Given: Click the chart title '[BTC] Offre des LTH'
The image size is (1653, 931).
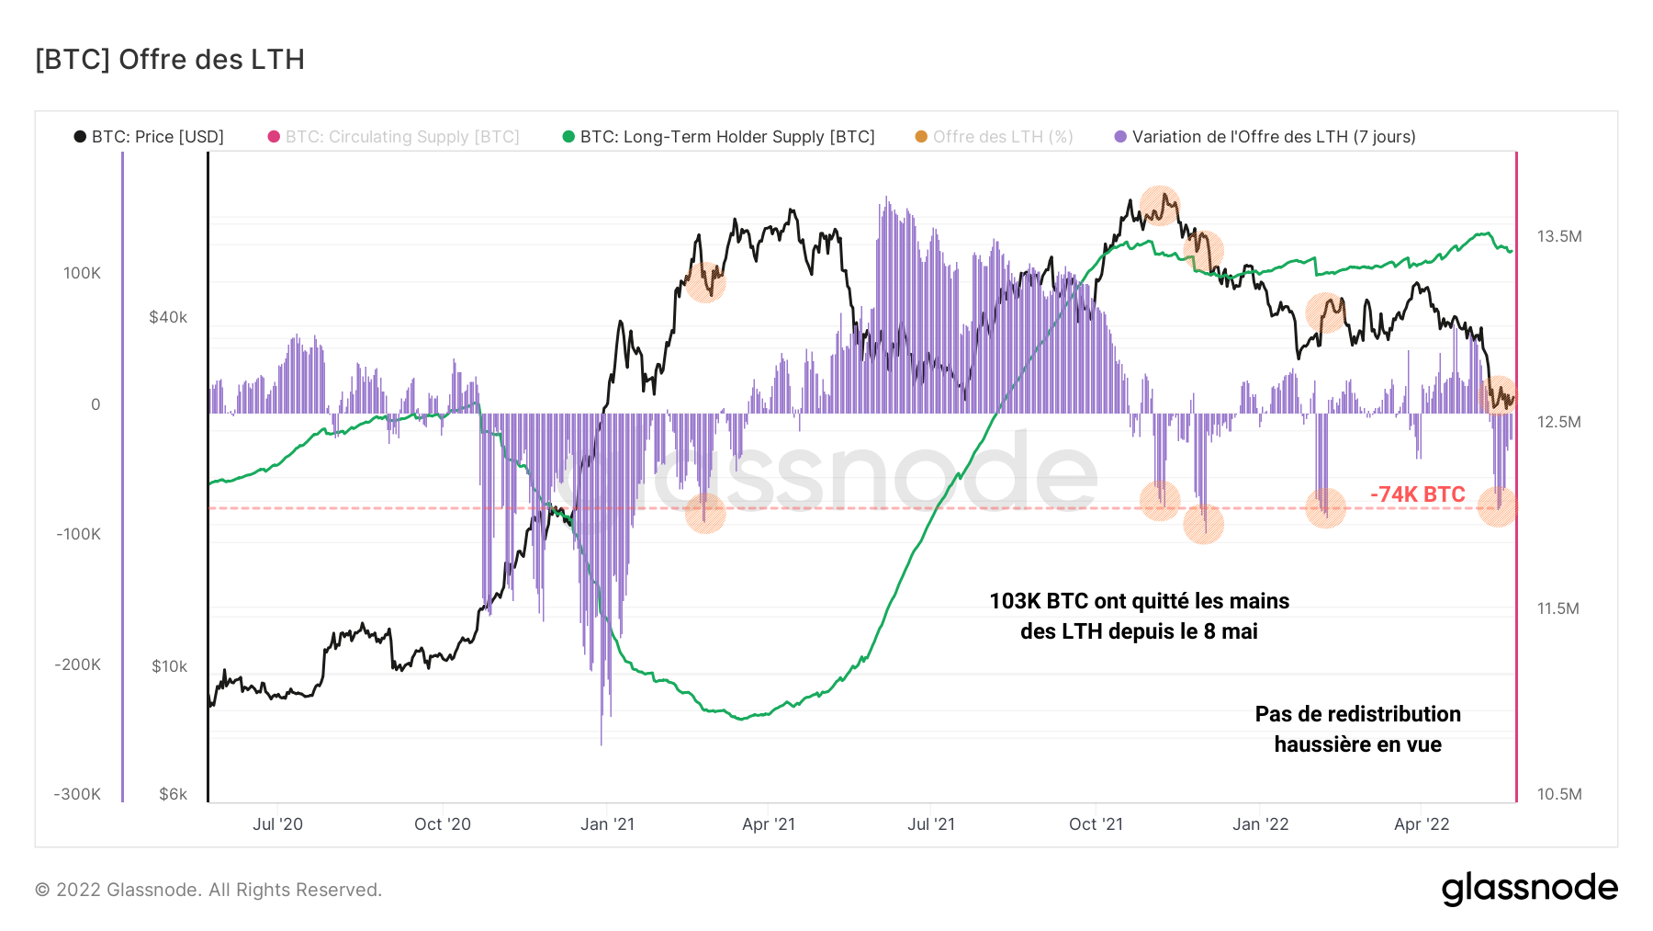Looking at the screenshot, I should click(x=170, y=60).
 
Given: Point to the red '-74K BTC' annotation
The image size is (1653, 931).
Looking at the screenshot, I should click(x=1417, y=494).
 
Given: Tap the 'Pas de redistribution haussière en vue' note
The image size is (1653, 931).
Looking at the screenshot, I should click(x=1357, y=729).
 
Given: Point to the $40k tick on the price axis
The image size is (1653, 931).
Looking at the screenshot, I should click(x=168, y=317).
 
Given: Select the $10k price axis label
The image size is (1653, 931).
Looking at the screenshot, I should click(x=169, y=666).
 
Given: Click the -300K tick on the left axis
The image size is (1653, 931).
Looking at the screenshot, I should click(x=77, y=794).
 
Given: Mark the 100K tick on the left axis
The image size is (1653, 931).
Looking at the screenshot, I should click(x=82, y=273).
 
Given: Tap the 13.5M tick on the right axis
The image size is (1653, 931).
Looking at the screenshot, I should click(x=1559, y=236).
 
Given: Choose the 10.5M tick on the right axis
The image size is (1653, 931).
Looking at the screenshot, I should click(x=1559, y=794).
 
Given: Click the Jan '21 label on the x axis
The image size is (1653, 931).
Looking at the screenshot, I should click(x=607, y=824).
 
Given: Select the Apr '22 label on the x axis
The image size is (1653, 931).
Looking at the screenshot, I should click(x=1421, y=824).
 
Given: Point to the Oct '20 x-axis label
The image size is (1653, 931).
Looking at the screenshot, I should click(x=442, y=824).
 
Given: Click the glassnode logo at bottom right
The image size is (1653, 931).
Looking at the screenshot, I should click(x=1529, y=889).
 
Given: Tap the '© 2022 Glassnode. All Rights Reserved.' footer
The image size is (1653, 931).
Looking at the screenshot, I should click(x=208, y=890).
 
